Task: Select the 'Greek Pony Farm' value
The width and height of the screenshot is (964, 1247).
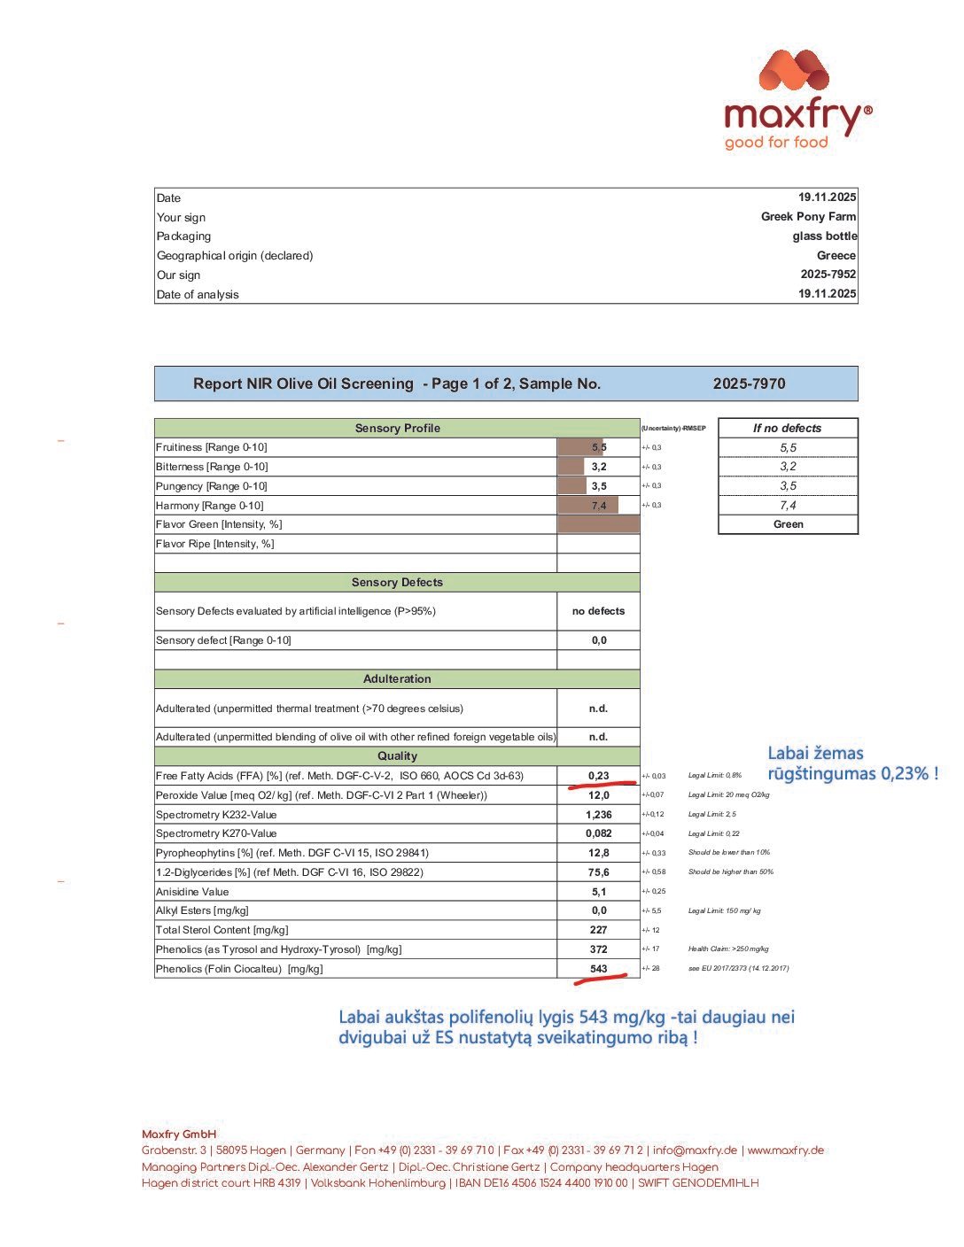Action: (x=808, y=217)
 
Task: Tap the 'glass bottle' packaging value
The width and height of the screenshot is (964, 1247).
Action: (x=824, y=236)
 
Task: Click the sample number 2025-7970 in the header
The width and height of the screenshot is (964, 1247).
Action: (x=749, y=384)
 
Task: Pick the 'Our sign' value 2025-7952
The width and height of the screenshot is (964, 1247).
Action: (x=828, y=275)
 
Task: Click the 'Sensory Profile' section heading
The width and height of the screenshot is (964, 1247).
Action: (x=397, y=429)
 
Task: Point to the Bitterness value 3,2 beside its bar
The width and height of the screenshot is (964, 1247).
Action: (x=599, y=467)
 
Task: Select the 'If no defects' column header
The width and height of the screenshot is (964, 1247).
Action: (x=787, y=429)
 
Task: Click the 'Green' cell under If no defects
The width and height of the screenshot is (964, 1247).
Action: (x=788, y=524)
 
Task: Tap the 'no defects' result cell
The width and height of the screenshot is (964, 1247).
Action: (x=598, y=611)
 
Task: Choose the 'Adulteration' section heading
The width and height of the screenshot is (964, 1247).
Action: (x=397, y=679)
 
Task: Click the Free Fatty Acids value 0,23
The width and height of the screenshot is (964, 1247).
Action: (x=599, y=776)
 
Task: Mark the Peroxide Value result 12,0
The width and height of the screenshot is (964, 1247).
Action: (x=599, y=795)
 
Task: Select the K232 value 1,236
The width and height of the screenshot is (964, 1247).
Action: (x=599, y=815)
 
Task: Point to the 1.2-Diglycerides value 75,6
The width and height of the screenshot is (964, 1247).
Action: (x=599, y=872)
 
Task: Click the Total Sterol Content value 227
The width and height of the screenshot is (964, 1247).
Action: (x=599, y=930)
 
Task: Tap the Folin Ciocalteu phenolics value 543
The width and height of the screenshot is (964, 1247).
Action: (x=599, y=969)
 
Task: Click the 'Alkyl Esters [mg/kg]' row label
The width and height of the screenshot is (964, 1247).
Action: (x=202, y=910)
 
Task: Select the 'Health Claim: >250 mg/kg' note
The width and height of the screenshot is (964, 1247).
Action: (x=728, y=949)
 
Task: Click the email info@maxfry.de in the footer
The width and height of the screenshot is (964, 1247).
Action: (x=695, y=1150)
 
